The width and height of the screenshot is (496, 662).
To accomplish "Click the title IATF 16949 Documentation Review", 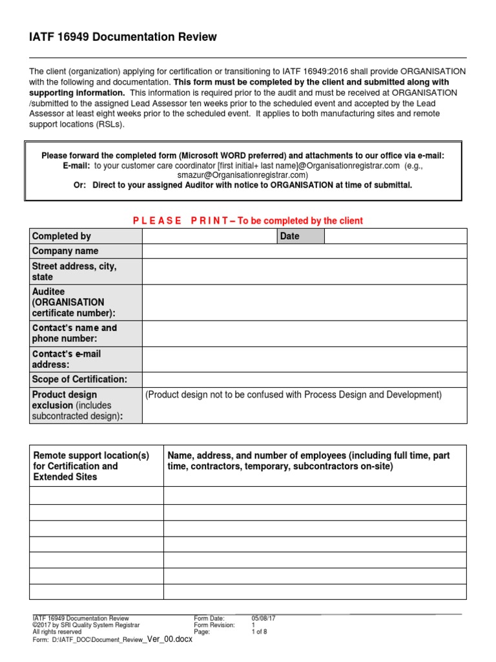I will [x=123, y=37].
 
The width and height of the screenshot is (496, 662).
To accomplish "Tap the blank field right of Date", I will [x=395, y=236].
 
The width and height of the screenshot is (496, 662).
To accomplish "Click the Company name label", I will [x=65, y=251].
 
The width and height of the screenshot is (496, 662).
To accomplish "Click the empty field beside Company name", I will [x=304, y=251].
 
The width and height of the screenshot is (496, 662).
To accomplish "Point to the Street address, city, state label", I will [x=74, y=272].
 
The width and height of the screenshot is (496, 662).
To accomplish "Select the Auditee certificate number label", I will [x=74, y=303].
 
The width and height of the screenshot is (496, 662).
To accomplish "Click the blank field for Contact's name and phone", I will [x=304, y=333].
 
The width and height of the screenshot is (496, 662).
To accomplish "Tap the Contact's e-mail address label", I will [x=67, y=359].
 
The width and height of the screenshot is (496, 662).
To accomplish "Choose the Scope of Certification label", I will [x=79, y=379].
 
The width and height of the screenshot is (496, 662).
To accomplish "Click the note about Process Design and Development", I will [x=294, y=395].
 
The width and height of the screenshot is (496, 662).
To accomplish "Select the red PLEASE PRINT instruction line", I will [x=248, y=221].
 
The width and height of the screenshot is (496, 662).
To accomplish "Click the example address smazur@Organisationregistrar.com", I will [x=243, y=175].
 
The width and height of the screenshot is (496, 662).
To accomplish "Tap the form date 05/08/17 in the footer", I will [x=263, y=618].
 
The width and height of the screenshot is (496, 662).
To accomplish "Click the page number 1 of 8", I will [x=259, y=632].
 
